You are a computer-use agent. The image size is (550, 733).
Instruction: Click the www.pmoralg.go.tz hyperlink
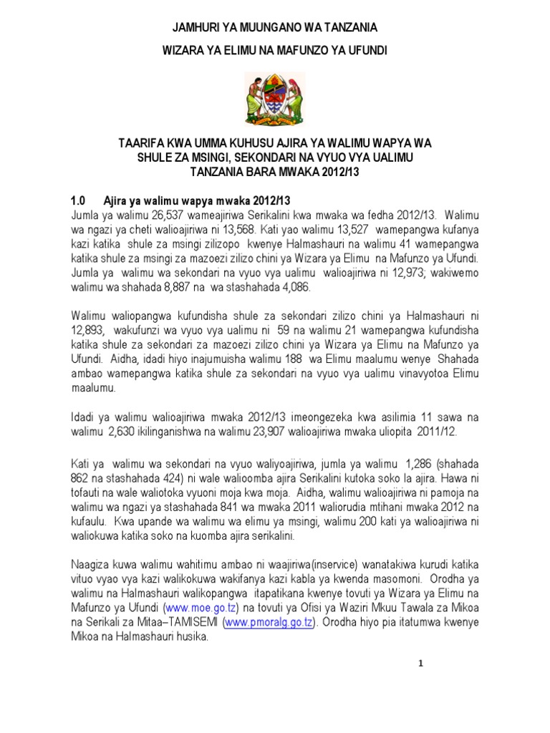pyautogui.click(x=269, y=622)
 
